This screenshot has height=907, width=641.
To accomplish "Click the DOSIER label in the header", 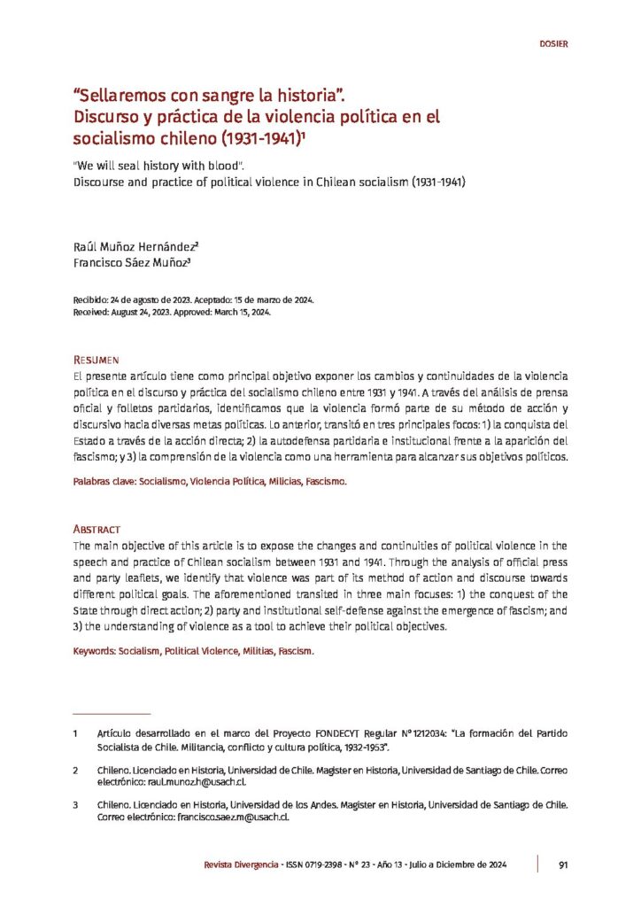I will [553, 43].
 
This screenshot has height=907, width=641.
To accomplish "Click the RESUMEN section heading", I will [96, 360].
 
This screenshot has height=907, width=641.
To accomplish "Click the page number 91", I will [563, 865].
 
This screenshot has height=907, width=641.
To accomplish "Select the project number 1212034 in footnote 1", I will [431, 734].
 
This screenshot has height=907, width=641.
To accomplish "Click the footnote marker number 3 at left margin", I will [76, 805].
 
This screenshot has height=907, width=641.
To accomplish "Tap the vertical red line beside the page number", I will [538, 864].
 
